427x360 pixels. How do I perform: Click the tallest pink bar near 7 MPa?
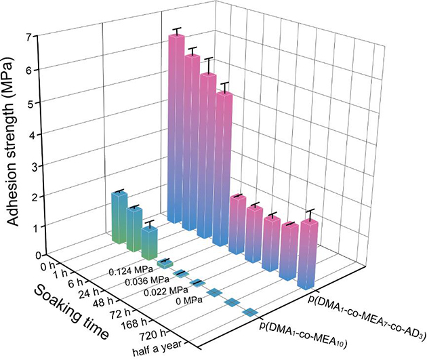[x=177, y=129]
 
